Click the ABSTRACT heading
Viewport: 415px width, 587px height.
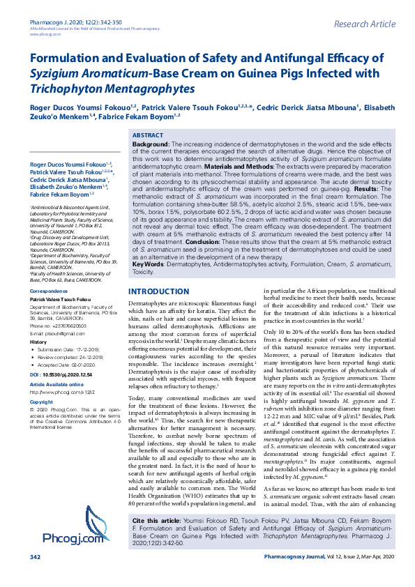click(148, 135)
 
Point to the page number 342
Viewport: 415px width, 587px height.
click(36, 577)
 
